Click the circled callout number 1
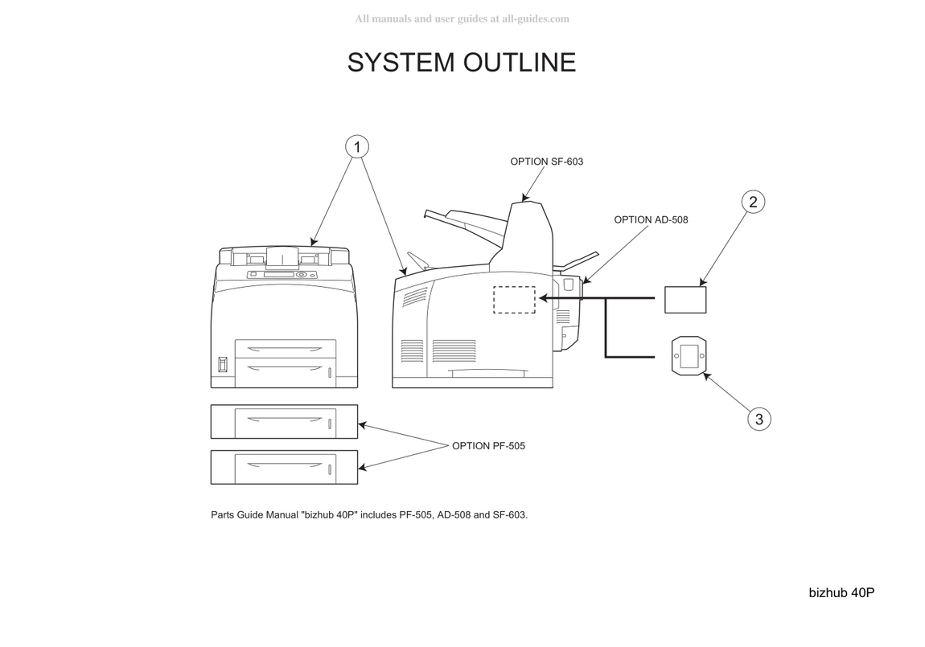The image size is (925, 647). pos(357,147)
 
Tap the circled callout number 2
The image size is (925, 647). pos(753,202)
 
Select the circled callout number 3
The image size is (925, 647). pos(759,419)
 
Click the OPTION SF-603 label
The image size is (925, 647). pos(546,162)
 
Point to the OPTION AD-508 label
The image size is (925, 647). pos(651,219)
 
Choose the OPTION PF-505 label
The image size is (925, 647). pos(488,446)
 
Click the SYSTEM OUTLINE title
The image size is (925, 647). pos(462,63)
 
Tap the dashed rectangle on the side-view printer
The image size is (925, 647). pos(514,287)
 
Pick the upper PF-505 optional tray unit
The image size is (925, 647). pos(285,421)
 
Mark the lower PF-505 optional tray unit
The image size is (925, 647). pos(285,467)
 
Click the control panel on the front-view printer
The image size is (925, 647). pos(282,275)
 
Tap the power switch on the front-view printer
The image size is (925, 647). pos(222,364)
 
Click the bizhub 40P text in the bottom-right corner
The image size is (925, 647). pos(841,593)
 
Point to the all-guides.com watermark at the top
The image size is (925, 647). pos(462,18)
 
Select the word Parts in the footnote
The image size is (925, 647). pos(222,514)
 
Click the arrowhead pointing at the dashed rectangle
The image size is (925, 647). pos(543,299)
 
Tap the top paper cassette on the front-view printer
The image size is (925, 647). pos(286,348)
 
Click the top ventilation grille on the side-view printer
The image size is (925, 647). pos(415,297)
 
